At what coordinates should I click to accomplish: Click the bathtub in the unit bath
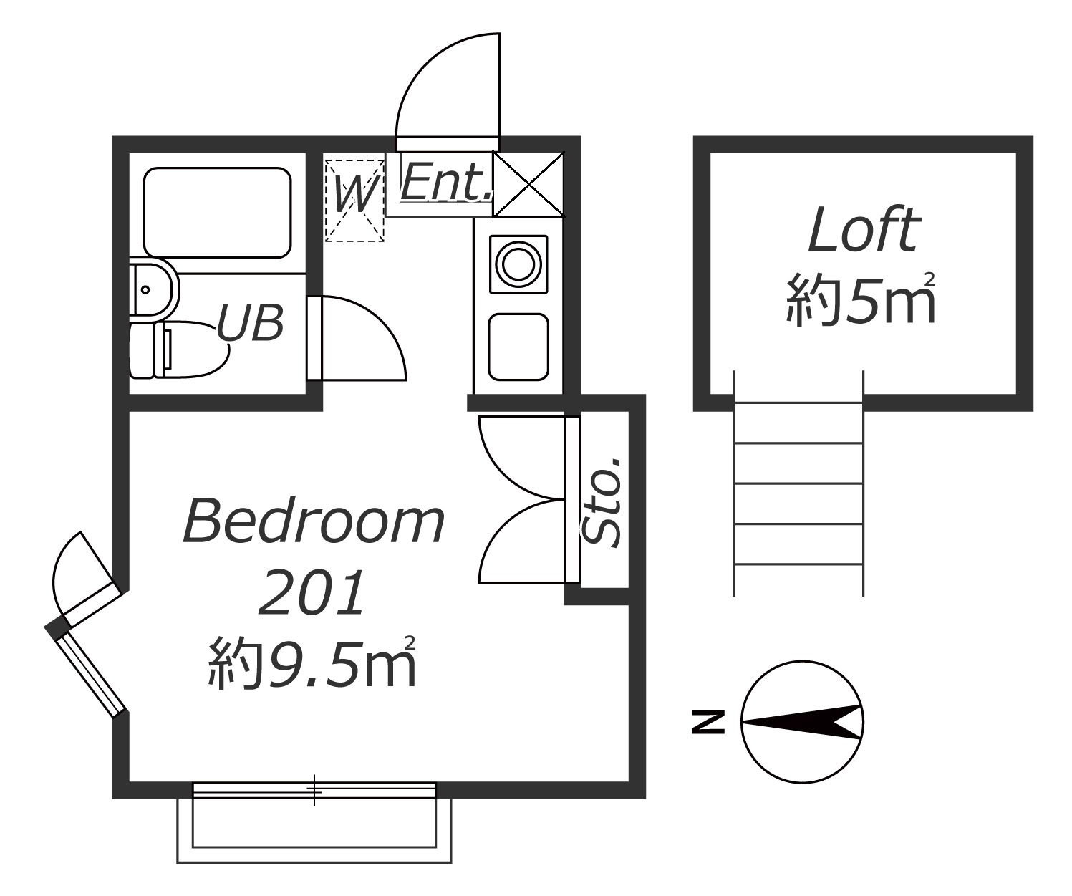[218, 213]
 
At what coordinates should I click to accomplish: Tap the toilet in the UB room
[177, 350]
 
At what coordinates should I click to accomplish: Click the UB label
[250, 323]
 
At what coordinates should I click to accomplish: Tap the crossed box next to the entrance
[528, 184]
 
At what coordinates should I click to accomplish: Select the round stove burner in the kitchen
[518, 264]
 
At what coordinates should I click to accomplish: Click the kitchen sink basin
[518, 347]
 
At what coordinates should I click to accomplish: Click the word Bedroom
[314, 521]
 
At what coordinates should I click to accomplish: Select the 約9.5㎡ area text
[312, 663]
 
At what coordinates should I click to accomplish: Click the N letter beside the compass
[708, 723]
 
